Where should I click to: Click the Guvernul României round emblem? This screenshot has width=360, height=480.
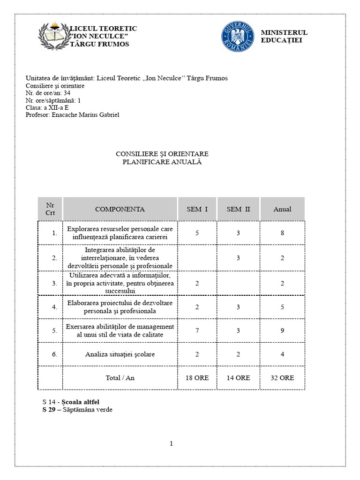pos(238,36)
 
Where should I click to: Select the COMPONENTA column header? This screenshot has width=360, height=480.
pos(120,210)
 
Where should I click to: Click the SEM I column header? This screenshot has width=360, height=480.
pos(197,210)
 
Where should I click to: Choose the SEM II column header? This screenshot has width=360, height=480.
pos(238,210)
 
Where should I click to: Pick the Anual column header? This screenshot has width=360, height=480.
pos(282,210)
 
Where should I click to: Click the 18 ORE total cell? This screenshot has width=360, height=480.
pos(197,378)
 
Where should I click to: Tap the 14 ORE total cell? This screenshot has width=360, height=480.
pos(238,378)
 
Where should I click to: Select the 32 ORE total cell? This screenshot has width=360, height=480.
pos(282,378)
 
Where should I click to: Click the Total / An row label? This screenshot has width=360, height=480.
pos(120,378)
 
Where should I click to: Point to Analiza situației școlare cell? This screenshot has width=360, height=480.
pos(120,354)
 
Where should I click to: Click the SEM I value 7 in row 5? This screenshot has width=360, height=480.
pos(197,330)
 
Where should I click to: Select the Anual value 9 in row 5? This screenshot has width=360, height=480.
pos(282,330)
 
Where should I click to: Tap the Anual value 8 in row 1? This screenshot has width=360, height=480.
pos(282,233)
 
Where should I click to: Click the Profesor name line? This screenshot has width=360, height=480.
pos(73,115)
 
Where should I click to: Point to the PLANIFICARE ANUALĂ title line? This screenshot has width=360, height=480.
pos(162,162)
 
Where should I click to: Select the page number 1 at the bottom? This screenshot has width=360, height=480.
pos(172,443)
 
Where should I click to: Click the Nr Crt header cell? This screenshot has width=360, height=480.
pos(50,209)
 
